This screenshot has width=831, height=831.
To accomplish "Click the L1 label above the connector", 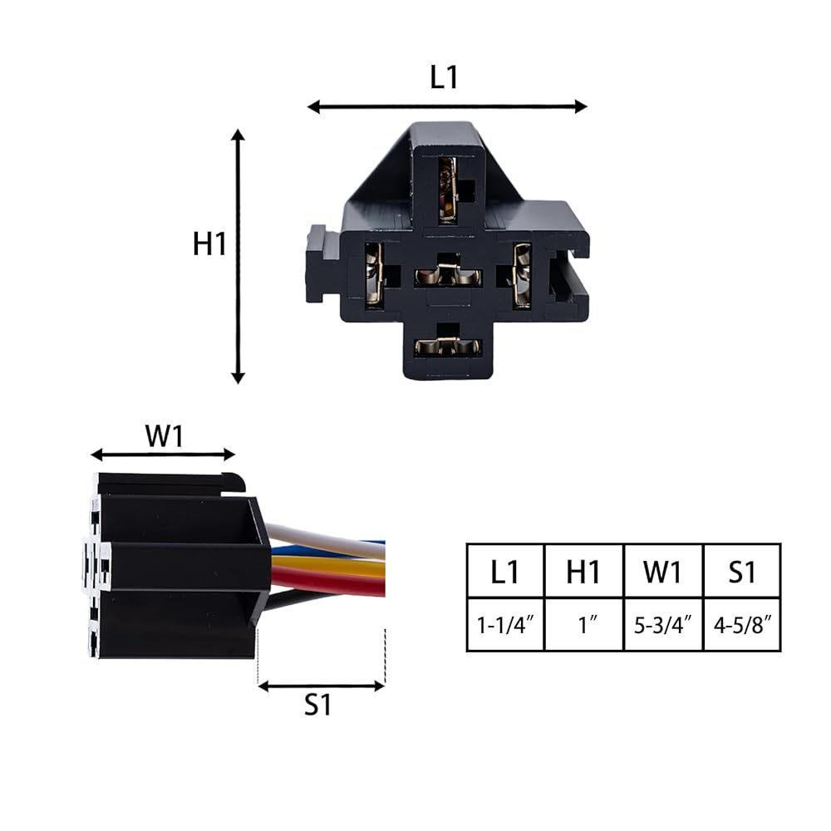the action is (444, 77).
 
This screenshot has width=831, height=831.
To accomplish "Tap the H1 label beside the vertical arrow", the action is (209, 243).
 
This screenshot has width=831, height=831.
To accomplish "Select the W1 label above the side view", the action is (165, 436).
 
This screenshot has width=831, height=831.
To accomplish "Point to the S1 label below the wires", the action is (318, 705).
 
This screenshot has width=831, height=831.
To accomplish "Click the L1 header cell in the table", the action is (505, 572).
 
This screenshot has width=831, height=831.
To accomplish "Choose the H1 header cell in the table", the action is (583, 572).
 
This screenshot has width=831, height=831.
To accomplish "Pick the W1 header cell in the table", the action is (662, 572).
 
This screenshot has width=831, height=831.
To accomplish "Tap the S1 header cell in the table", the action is (742, 572).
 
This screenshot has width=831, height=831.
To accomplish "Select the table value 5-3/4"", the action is (663, 626).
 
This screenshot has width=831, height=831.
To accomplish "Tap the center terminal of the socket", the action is (448, 274).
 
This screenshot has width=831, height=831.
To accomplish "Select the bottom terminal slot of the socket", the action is (448, 347).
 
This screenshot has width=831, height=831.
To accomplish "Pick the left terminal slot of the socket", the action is (374, 274).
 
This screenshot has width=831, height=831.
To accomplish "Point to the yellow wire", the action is (328, 567).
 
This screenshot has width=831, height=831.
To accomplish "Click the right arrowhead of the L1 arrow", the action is (582, 106).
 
